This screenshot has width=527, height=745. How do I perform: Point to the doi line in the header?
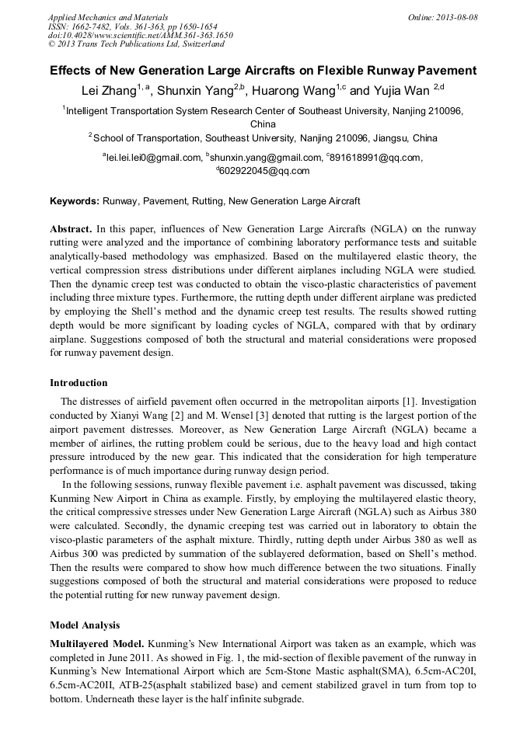point(140,35)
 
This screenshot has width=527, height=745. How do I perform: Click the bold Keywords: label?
point(75,201)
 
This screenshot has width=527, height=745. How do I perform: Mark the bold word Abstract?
point(71,230)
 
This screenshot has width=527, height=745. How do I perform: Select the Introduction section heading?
point(79,383)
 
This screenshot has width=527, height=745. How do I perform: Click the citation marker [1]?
point(409,402)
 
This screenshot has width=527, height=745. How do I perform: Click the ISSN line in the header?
point(132,26)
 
